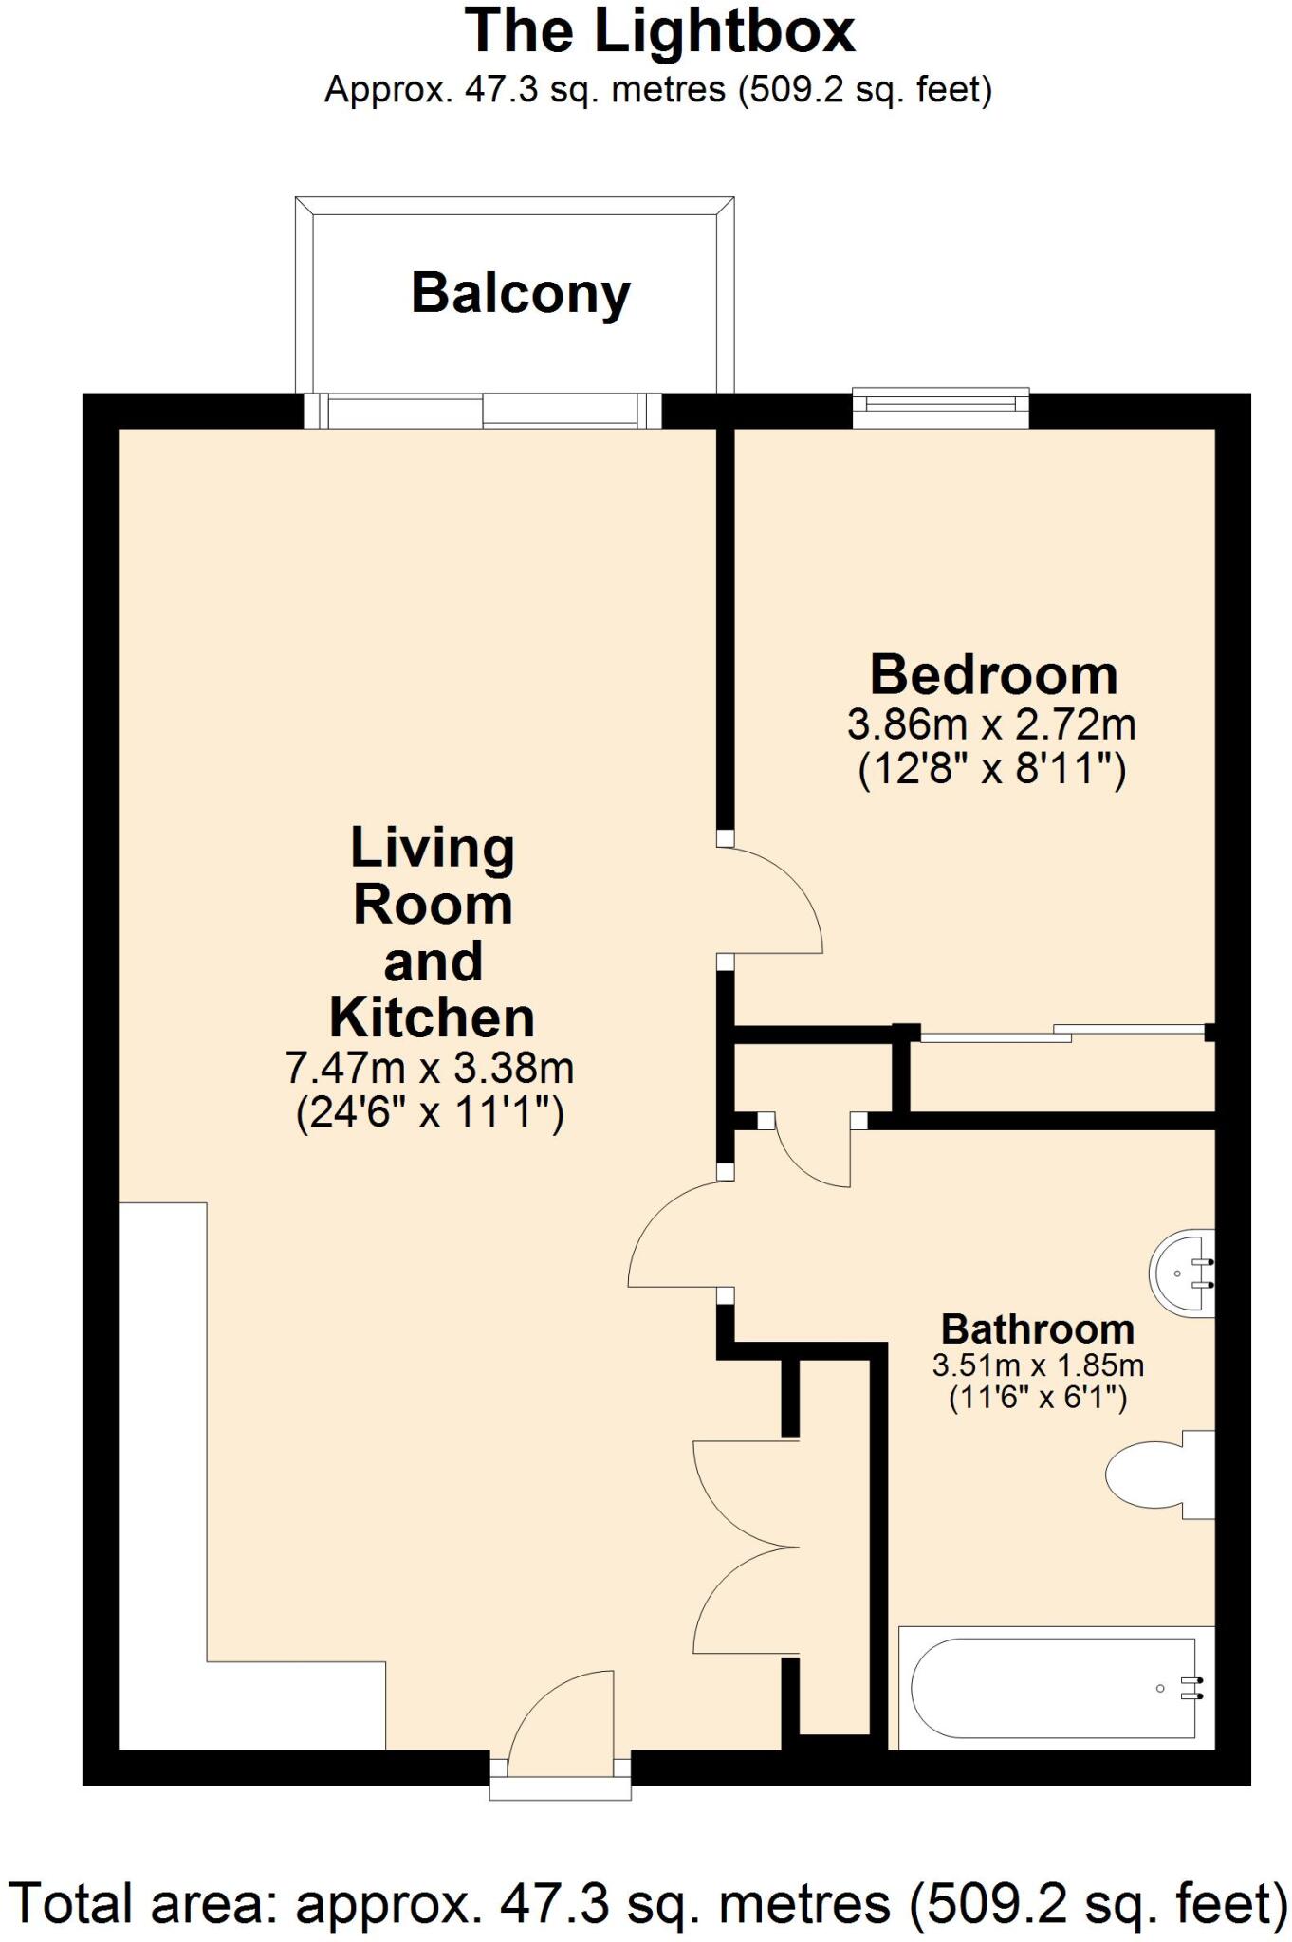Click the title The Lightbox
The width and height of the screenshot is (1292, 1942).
tap(660, 32)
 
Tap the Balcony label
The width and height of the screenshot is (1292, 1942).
tap(520, 293)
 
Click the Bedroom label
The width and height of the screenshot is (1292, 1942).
tap(993, 675)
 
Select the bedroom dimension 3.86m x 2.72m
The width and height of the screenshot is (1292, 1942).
tap(991, 725)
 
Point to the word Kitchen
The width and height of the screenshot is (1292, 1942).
tap(433, 1017)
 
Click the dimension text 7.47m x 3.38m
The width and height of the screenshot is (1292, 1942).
tap(430, 1068)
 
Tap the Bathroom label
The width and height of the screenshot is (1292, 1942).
tap(1037, 1328)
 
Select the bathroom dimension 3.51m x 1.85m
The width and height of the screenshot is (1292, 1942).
tap(1038, 1365)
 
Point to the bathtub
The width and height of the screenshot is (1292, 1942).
tap(1053, 1688)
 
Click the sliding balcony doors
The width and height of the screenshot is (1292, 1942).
tap(482, 412)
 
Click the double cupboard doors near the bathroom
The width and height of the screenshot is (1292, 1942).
tap(745, 1547)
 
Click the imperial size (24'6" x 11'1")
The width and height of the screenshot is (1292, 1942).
tap(430, 1112)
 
